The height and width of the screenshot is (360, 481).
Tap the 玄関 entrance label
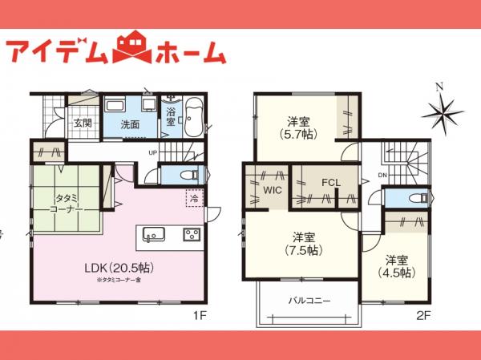(x=83, y=123)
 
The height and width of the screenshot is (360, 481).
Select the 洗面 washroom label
(x=130, y=124)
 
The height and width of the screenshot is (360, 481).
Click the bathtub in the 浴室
(x=196, y=117)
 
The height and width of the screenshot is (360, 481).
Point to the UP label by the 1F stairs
(x=152, y=152)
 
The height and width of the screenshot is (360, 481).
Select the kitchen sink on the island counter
(x=154, y=234)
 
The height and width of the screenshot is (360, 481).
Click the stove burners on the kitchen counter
(x=193, y=234)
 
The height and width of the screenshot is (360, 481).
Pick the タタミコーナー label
(x=66, y=203)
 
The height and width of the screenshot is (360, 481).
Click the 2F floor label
(x=423, y=314)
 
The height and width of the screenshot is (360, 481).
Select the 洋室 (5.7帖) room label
(x=299, y=128)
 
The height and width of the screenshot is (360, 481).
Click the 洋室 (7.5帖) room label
(x=302, y=244)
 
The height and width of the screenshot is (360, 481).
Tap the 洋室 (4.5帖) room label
(x=395, y=265)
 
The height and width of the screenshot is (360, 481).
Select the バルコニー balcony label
(x=309, y=301)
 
